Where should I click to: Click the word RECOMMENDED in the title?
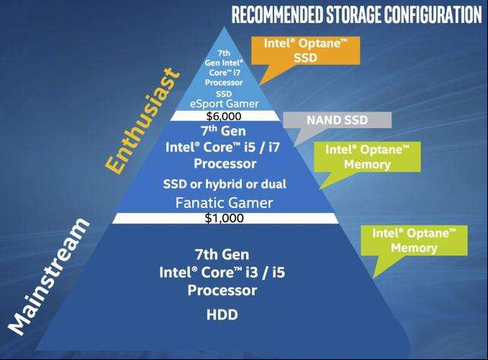277,14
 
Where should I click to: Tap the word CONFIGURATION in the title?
432,14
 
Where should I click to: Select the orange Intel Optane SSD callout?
306,50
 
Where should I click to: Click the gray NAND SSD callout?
337,121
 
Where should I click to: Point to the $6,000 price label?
223,116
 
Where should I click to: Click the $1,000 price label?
224,218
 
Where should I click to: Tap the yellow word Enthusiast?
143,121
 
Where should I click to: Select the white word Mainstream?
48,277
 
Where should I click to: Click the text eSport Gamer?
224,104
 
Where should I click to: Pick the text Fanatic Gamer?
224,203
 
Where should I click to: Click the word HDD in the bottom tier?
222,314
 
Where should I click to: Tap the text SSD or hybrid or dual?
225,184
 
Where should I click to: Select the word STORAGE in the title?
353,14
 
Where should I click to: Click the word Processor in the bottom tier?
222,291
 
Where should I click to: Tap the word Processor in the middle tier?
225,164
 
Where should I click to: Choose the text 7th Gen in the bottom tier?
222,255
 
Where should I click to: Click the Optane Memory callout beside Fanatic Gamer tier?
368,157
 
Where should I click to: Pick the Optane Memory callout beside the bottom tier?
414,240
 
